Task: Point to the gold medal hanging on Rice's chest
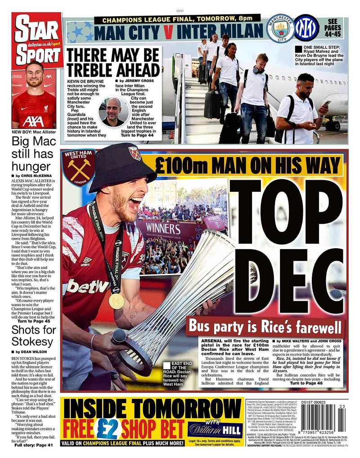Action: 116,300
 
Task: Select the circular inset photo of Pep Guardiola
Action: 114,111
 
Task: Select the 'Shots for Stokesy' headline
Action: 33,335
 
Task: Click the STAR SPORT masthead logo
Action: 37,41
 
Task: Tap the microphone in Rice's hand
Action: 119,336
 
